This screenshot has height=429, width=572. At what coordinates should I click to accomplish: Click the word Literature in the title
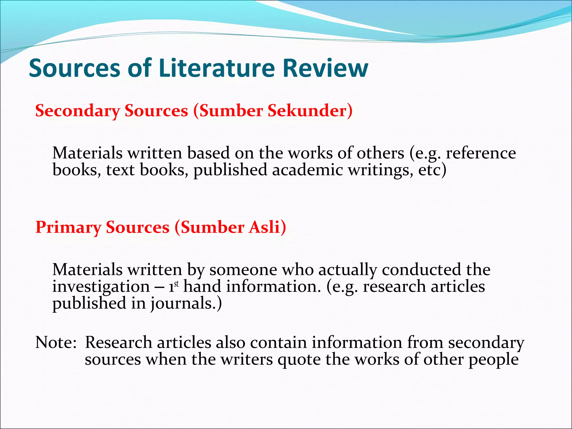coord(217,68)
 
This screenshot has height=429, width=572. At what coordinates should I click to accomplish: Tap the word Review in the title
coord(325,68)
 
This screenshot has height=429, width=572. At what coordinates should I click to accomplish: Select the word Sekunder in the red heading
coord(310,111)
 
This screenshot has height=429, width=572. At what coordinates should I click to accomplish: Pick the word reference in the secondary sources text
coord(481,153)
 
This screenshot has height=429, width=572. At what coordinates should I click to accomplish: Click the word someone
coord(243,270)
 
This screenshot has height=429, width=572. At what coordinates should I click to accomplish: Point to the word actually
coord(347,270)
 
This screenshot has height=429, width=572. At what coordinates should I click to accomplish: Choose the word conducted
coord(421,270)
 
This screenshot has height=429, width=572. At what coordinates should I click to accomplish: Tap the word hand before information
coord(202,287)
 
